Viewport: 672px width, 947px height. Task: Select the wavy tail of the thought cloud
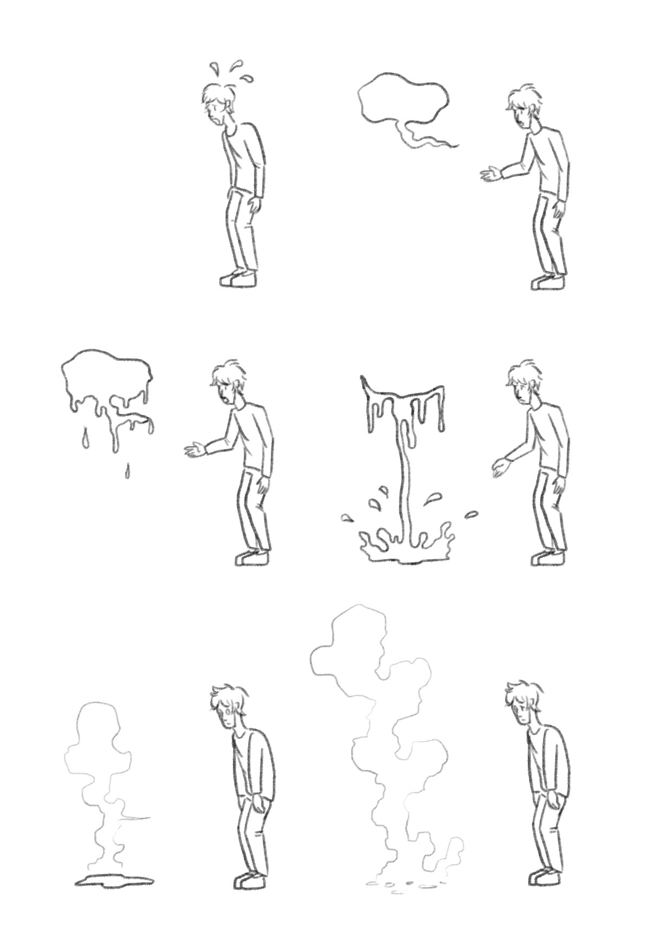coord(428,138)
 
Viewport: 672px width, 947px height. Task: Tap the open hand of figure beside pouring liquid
coord(502,466)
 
